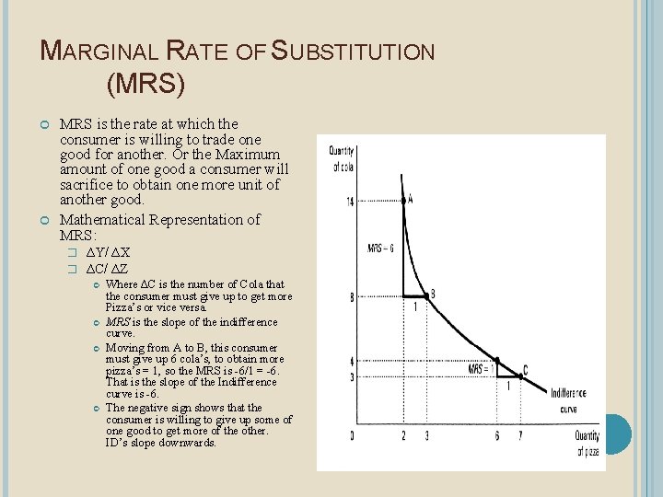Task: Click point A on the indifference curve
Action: coord(404,199)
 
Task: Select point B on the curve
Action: coord(426,296)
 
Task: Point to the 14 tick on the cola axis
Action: coord(350,201)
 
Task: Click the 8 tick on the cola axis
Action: coord(351,296)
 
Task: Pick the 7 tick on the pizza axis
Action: coord(519,435)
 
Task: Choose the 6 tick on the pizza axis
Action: coord(496,435)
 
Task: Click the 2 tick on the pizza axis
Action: coord(403,435)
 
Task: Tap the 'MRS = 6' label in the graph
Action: coord(380,248)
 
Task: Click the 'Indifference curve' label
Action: coord(569,399)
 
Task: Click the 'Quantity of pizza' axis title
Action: coord(587,443)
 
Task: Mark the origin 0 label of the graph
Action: coord(352,435)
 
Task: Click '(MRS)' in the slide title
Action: coord(145,85)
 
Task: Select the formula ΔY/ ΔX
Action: coord(108,252)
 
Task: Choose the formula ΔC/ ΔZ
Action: coord(107,268)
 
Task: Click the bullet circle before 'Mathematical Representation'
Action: coord(45,220)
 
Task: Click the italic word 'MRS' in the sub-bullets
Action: coord(117,322)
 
